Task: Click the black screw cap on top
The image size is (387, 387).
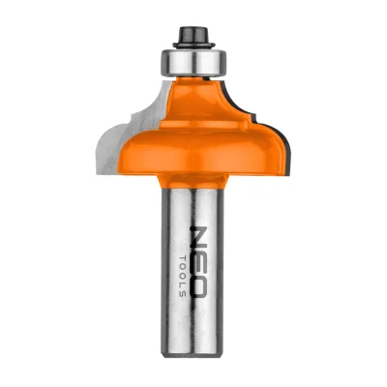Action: click(x=193, y=34)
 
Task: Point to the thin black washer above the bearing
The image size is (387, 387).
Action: click(x=193, y=45)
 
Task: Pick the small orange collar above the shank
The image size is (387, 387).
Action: click(x=193, y=181)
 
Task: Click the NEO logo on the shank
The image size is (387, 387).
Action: click(x=197, y=261)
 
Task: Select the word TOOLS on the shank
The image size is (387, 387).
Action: click(x=182, y=276)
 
